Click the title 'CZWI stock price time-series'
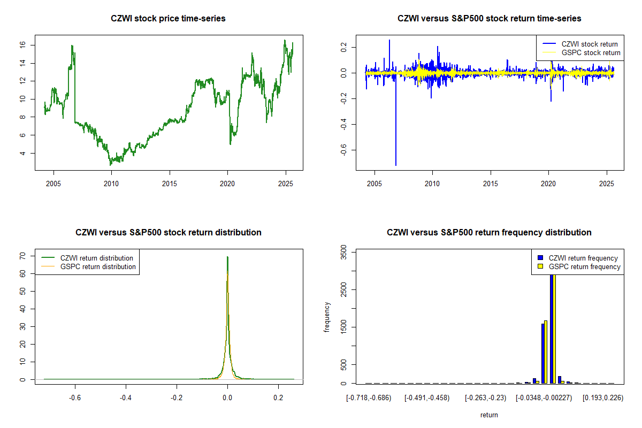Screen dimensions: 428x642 (x=168, y=19)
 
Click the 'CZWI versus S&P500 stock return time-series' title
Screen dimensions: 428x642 (x=489, y=19)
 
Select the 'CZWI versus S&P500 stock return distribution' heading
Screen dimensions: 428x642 (x=168, y=233)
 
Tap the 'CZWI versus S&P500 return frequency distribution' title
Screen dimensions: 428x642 (x=489, y=233)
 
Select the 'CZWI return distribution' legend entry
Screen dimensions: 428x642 (x=96, y=258)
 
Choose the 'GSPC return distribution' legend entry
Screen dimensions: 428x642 (x=98, y=267)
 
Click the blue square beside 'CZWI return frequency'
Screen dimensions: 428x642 (x=540, y=258)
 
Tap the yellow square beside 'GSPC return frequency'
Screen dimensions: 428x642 (x=540, y=266)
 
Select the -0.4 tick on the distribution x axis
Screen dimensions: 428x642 (x=126, y=398)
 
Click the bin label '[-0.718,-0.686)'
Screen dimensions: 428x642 (x=369, y=398)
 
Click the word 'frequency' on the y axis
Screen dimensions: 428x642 (x=327, y=317)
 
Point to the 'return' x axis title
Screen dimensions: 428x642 (x=489, y=415)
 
